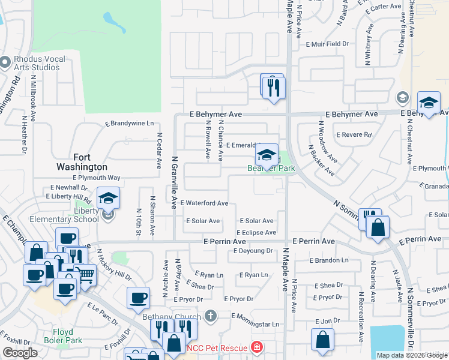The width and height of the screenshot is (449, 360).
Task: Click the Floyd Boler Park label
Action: point(58,335)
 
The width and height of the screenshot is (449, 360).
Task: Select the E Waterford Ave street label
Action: point(203,203)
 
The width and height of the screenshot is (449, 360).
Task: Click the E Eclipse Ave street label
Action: point(256,232)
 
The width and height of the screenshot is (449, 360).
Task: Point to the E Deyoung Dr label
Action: point(253,251)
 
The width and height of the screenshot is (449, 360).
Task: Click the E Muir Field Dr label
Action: point(327,44)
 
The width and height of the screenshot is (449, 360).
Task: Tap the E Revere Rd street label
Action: point(354,135)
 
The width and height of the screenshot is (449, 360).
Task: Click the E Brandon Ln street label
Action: point(329,260)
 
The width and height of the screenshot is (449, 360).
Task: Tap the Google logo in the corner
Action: point(20,353)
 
